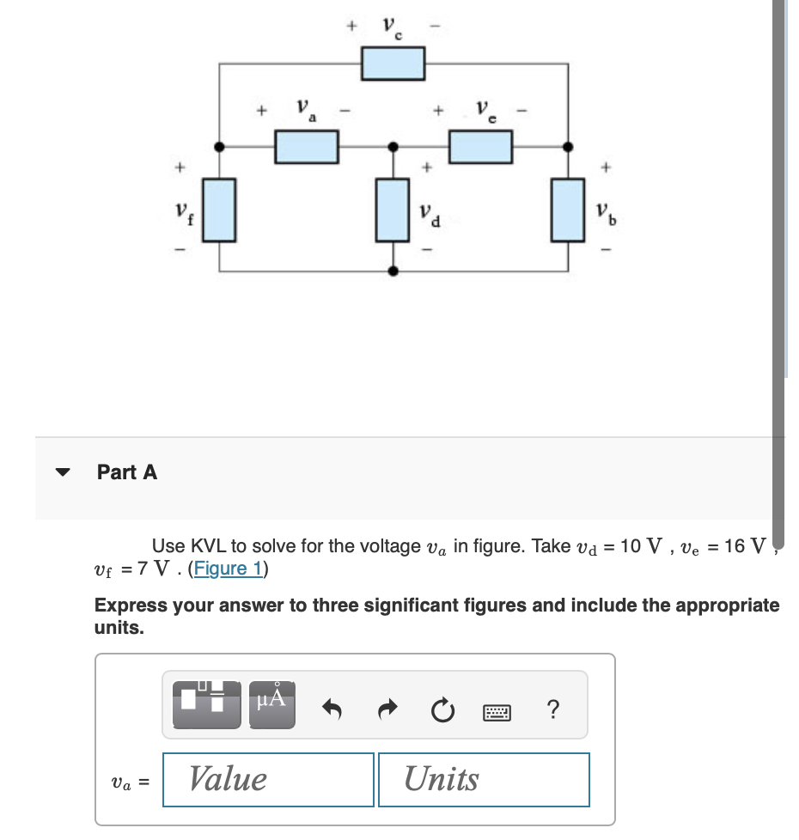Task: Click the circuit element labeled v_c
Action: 393,63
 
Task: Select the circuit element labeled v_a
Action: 307,147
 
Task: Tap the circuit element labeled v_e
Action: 481,147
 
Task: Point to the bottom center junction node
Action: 393,271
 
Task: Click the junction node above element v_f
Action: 221,147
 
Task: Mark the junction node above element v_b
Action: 567,147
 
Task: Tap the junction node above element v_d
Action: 393,147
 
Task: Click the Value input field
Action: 268,780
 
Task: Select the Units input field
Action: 484,780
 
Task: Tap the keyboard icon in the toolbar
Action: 497,711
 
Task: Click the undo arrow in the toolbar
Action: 331,710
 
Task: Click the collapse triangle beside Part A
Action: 62,472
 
